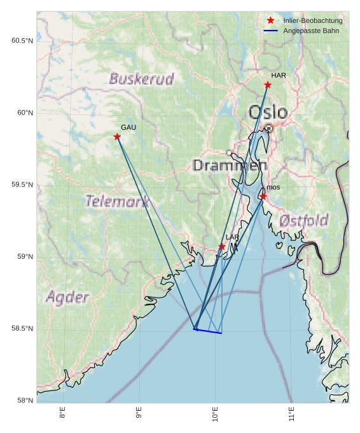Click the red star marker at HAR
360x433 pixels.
268,85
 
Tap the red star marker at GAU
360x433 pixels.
117,137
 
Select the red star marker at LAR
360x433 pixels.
222,247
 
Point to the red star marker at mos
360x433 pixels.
263,196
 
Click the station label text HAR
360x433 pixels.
279,76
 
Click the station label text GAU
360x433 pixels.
128,128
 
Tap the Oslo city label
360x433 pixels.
268,113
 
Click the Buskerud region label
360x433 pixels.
141,79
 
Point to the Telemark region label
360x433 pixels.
118,202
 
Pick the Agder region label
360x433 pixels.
67,297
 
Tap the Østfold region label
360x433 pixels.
303,221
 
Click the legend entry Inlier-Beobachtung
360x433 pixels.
312,20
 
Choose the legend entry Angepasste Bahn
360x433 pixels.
311,31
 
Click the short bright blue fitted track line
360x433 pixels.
208,331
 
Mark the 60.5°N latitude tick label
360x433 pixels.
22,41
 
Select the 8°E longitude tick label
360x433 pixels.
62,414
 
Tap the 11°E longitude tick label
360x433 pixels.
291,414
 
